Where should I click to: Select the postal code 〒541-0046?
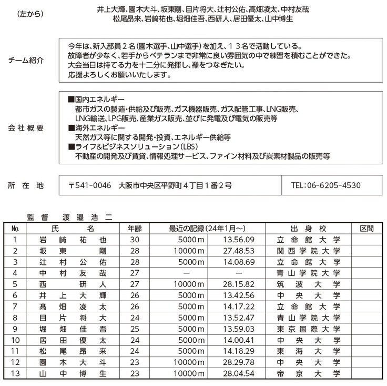coord(90,185)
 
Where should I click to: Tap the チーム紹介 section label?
coord(26,61)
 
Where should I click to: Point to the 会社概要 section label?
coord(26,128)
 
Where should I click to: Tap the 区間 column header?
coord(366,229)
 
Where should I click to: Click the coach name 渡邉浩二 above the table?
coord(87,216)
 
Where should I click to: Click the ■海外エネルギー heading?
coord(97,128)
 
